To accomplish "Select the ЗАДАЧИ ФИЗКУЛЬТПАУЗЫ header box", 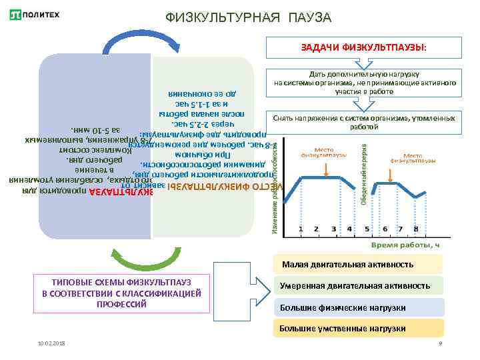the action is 364,48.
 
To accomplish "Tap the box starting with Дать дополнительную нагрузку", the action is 365,83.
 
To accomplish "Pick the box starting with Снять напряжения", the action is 365,122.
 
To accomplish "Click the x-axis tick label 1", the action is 300,229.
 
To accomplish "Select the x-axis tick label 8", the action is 417,229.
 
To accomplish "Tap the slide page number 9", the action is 441,343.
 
